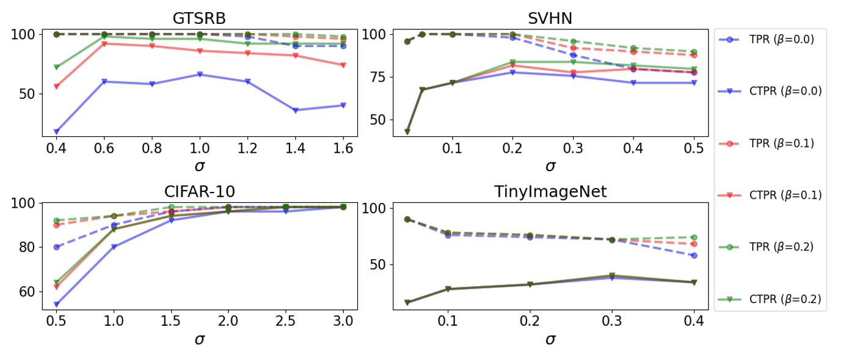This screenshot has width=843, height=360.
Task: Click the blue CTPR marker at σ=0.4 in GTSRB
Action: coord(56,131)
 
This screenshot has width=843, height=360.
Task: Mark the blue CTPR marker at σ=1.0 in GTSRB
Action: coord(199,75)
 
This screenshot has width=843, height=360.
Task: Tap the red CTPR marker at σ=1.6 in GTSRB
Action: coord(343,65)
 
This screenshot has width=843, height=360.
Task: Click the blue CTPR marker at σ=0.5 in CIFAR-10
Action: coord(56,304)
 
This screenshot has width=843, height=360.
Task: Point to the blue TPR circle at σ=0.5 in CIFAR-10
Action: coord(56,247)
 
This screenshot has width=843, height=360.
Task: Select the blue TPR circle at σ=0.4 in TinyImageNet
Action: coord(693,255)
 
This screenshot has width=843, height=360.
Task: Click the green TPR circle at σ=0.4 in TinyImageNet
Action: coord(693,237)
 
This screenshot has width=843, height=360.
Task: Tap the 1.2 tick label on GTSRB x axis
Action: coord(247,149)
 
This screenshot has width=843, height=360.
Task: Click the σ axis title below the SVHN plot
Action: coord(550,166)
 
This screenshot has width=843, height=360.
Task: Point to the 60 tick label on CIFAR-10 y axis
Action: coord(26,292)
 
